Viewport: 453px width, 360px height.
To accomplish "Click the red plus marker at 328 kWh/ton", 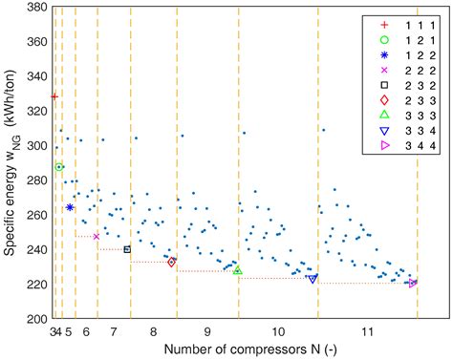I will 54,96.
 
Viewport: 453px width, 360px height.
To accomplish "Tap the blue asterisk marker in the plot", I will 70,207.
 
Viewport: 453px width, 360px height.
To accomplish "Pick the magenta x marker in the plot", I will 97,236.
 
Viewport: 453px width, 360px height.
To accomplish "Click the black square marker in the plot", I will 127,249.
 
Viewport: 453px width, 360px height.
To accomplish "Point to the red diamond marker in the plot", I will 171,262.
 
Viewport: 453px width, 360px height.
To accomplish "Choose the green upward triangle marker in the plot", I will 238,270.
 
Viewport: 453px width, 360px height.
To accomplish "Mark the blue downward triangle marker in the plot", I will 313,279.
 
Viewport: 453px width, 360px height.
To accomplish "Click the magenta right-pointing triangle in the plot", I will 413,283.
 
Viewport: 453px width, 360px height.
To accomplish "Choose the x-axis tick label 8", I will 153,331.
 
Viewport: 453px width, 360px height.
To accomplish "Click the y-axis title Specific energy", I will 10,162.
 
